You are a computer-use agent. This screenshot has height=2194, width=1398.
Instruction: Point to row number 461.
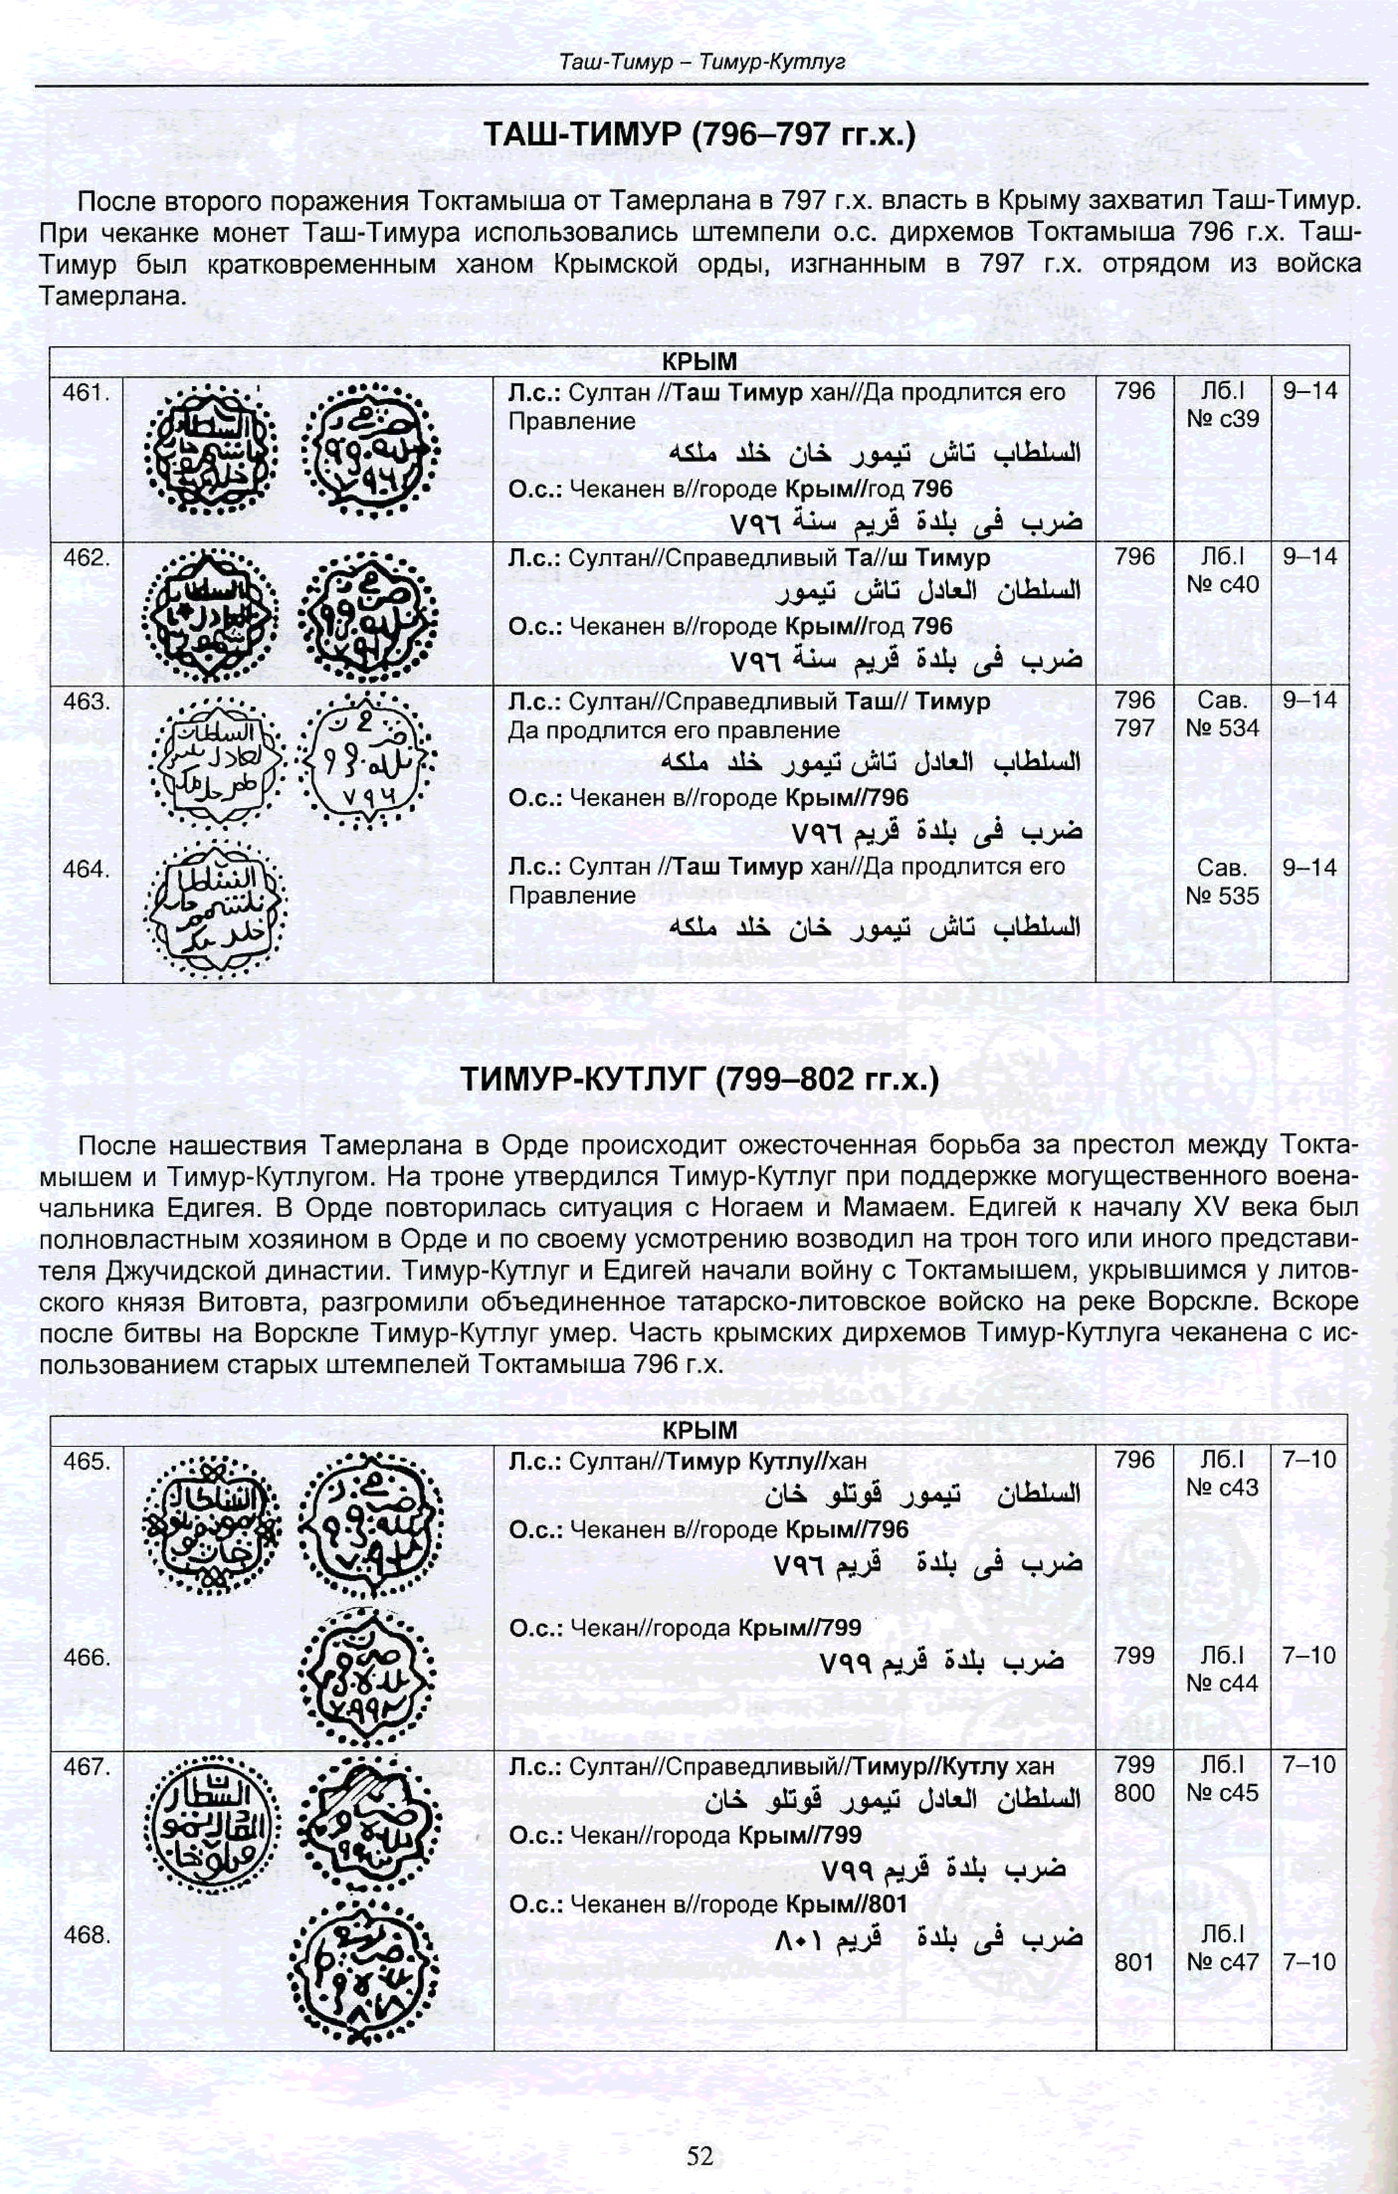tap(86, 393)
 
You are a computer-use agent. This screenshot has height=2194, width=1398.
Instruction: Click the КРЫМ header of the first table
tap(699, 361)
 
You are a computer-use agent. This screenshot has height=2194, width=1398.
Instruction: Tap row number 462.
tap(86, 558)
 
